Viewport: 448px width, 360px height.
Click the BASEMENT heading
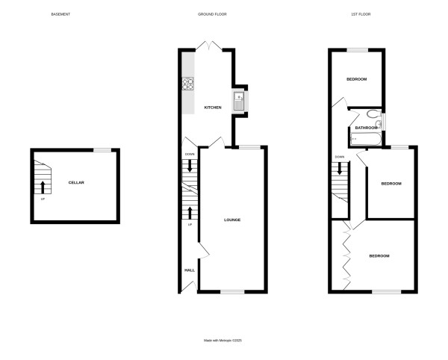coord(60,14)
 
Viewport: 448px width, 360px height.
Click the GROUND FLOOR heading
coord(212,14)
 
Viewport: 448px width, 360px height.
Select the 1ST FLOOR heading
coord(360,14)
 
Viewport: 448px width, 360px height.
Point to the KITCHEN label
coord(213,108)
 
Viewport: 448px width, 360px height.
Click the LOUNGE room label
coord(232,220)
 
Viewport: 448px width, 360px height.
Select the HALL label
coord(190,270)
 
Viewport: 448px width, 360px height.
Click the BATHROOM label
coord(366,128)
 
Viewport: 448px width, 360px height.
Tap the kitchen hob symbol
coord(188,84)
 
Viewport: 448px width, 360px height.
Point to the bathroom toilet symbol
coord(373,115)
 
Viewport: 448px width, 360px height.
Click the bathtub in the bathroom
coord(366,139)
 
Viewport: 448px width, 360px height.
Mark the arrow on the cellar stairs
coord(43,187)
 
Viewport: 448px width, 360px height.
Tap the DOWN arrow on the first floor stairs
coord(340,168)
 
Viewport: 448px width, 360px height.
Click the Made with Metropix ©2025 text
coord(223,341)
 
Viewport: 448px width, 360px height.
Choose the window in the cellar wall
coord(102,150)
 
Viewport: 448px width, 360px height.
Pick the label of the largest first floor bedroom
coord(379,256)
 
